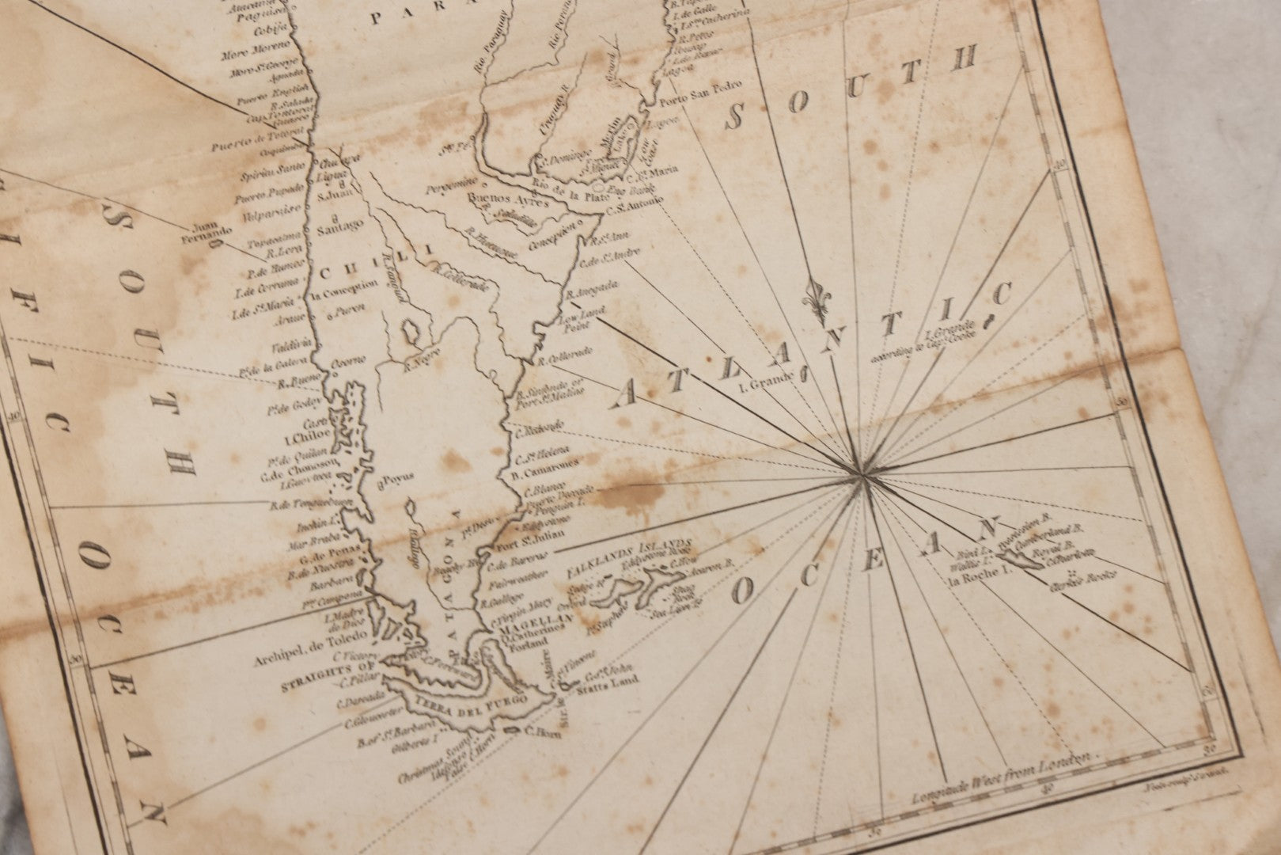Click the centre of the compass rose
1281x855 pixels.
coord(861,473)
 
